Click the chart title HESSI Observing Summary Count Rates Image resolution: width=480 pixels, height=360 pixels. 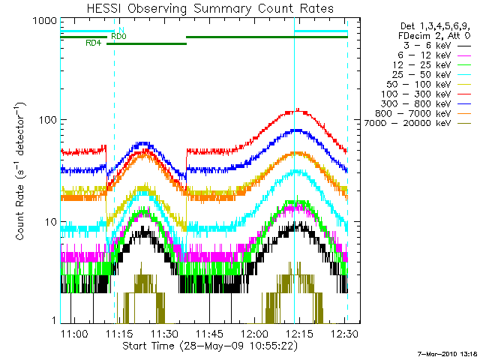(x=203, y=8)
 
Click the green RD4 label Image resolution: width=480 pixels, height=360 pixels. (x=94, y=43)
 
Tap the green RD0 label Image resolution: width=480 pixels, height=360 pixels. (x=118, y=36)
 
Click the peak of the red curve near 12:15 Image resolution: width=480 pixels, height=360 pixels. (x=298, y=110)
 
